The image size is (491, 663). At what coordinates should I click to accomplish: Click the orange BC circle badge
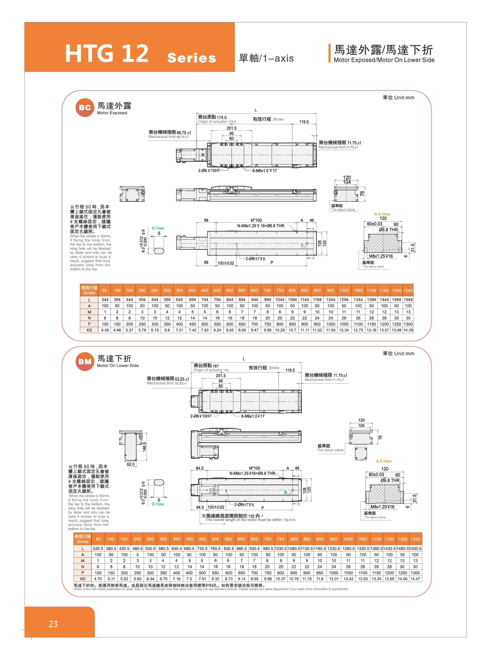85,108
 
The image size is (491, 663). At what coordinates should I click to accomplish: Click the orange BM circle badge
85,361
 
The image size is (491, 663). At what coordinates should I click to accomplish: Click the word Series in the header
191,58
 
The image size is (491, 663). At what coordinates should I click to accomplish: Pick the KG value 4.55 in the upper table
105,330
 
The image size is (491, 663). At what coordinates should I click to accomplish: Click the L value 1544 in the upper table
408,299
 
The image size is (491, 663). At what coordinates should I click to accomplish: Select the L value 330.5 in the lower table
98,548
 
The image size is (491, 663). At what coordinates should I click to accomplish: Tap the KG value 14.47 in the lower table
415,579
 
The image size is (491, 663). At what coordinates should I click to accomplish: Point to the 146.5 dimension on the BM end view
144,447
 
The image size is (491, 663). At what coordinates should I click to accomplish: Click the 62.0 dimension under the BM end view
131,464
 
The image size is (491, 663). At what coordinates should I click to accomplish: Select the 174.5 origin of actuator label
221,117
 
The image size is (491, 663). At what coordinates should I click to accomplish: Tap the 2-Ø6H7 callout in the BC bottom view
255,259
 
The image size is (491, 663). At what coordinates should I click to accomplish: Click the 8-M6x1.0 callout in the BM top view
253,416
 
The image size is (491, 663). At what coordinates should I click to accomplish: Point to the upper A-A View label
382,214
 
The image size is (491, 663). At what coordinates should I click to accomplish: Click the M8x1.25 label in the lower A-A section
382,507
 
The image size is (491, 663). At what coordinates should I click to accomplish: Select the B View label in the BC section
158,228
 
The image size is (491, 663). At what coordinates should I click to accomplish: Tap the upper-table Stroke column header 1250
408,290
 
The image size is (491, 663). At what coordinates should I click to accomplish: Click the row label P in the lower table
83,573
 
